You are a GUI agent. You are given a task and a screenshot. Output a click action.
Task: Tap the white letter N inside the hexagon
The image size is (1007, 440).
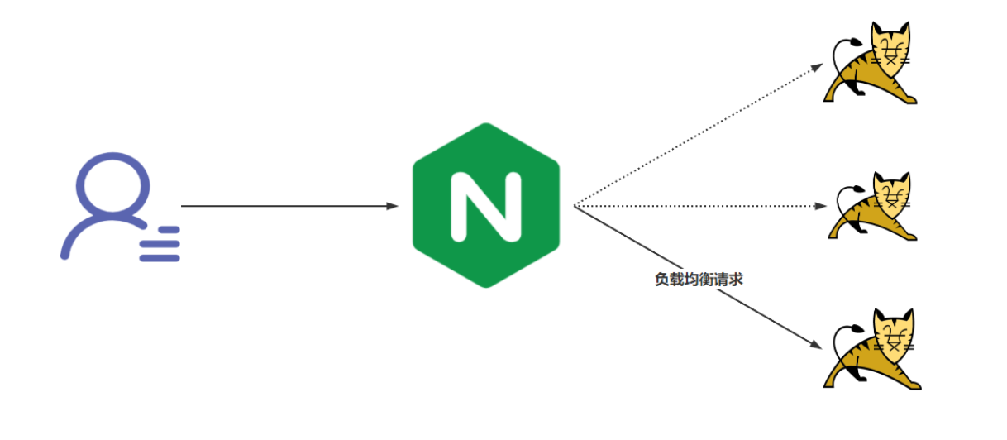point(485,206)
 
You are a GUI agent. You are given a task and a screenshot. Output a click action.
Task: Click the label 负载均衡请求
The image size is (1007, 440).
point(699,280)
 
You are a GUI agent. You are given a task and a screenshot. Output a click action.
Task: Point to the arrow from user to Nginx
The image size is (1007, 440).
point(289,205)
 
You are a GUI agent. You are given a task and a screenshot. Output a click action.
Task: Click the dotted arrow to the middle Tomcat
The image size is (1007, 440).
point(699,205)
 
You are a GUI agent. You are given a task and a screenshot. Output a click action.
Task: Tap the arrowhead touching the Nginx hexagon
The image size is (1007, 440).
point(393,205)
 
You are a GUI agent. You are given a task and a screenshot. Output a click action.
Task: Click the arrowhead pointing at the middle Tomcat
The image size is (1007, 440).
point(822,205)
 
